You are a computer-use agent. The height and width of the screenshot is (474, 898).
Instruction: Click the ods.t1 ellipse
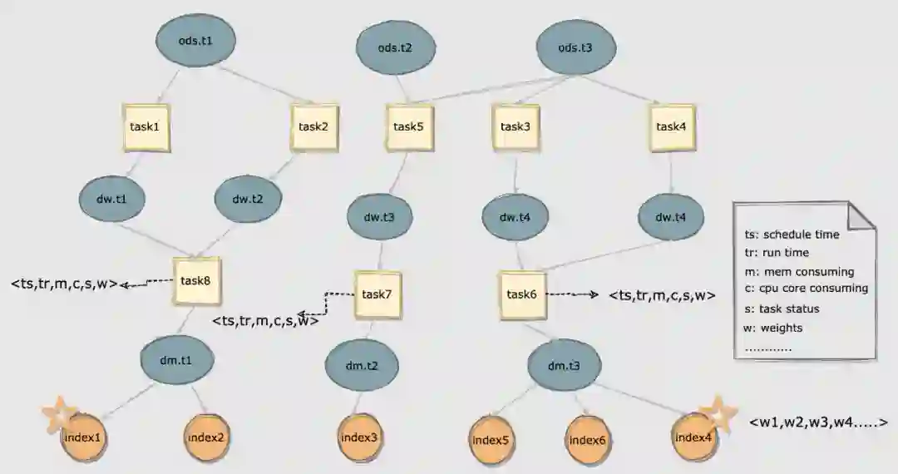coord(196,39)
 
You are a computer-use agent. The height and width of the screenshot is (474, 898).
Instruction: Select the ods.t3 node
coord(575,47)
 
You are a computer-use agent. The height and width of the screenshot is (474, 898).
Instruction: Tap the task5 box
coord(408,127)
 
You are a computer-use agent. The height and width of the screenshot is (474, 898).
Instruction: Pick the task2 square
coord(313,127)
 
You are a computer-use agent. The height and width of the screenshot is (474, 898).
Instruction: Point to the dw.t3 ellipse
coord(379,218)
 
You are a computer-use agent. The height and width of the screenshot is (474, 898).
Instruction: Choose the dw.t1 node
coord(114,200)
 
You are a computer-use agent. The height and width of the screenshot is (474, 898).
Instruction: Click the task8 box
coord(195,280)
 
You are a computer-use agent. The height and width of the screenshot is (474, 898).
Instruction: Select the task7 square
coord(377,295)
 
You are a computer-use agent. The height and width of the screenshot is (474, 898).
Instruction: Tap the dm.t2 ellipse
coord(362,366)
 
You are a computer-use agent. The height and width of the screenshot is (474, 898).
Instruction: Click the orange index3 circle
coord(358,437)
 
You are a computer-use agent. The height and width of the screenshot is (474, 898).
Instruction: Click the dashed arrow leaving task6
coord(575,294)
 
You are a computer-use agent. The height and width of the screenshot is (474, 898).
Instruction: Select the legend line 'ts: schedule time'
coord(792,235)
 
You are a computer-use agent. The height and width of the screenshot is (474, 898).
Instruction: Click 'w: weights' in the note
coord(774,328)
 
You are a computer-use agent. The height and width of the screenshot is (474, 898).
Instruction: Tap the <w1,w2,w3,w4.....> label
coord(818,422)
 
